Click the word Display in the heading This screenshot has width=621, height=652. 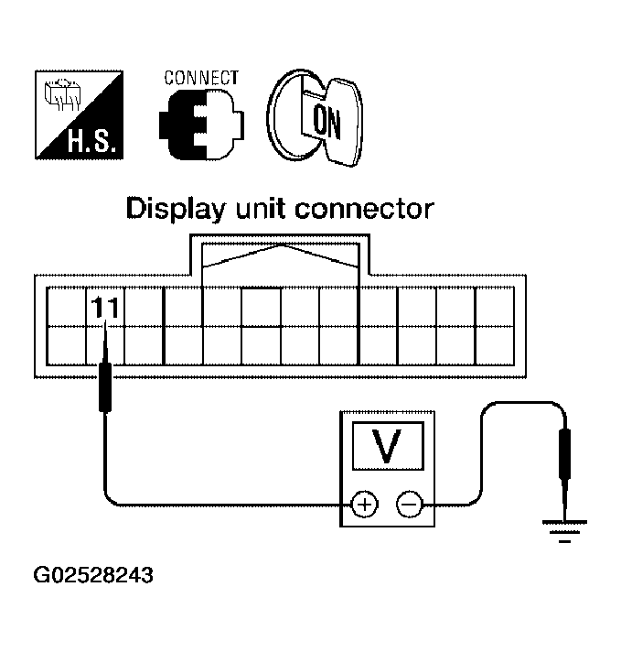175,211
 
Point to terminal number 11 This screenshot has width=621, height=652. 104,309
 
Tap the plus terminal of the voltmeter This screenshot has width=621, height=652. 365,504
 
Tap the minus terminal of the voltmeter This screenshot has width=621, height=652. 408,504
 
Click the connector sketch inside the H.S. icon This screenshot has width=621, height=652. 64,92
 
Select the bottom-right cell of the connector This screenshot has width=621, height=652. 494,343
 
